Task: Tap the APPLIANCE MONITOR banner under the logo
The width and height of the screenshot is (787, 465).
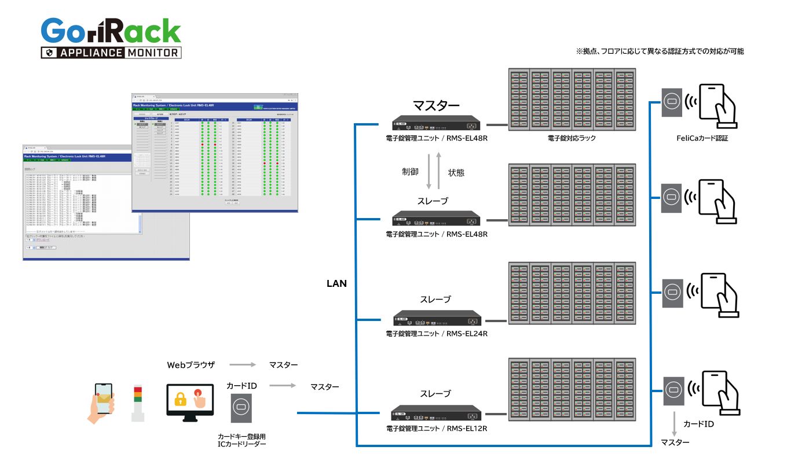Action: [x=111, y=53]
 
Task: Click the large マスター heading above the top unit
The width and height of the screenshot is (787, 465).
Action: [x=436, y=105]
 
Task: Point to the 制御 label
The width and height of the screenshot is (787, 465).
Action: [x=410, y=172]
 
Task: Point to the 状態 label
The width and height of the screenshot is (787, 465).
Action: [x=456, y=172]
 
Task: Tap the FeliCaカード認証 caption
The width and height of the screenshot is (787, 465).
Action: [x=702, y=138]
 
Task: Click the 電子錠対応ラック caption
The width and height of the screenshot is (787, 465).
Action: [x=572, y=138]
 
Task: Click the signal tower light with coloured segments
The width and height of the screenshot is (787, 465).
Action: [x=137, y=402]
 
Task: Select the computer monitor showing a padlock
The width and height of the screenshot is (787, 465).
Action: [x=191, y=403]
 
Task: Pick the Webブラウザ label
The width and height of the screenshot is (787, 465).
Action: [x=191, y=365]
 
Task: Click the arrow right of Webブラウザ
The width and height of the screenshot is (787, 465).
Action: [x=241, y=365]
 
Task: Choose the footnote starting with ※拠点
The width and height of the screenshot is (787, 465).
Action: [x=660, y=51]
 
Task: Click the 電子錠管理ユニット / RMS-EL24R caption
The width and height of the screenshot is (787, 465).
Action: [x=437, y=334]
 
